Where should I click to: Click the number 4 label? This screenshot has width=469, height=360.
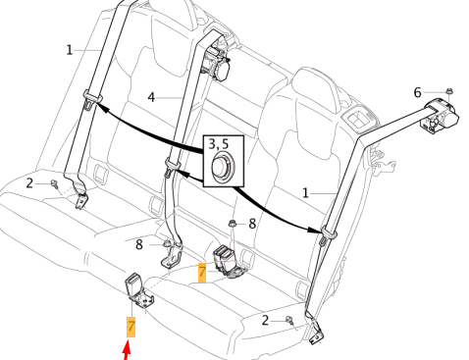point(151,97)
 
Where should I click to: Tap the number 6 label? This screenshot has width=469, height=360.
point(417,92)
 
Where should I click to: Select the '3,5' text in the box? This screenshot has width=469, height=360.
point(219,144)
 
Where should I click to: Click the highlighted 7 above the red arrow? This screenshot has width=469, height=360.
point(130,327)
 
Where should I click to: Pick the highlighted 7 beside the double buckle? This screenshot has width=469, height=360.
point(202,273)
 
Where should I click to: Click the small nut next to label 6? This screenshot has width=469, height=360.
point(449,91)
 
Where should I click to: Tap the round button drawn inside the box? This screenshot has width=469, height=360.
point(223,166)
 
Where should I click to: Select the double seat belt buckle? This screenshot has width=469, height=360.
point(228,262)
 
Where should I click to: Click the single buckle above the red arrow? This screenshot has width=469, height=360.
point(138,290)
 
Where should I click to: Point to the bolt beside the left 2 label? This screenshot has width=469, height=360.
point(54,184)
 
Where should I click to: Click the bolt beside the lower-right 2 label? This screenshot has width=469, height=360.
point(289,320)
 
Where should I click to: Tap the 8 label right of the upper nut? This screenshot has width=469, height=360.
point(252,224)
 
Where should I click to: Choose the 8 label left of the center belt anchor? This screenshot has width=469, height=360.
point(139,244)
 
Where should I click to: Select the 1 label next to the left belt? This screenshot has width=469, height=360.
point(69,50)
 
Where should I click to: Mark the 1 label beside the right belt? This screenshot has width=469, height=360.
point(305,193)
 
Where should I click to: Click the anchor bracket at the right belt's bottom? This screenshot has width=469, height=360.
point(316,332)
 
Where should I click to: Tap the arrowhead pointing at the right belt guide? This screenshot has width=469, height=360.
point(314,231)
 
